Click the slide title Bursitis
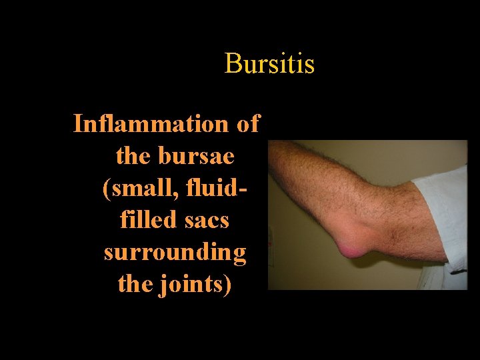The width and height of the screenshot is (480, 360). coord(269,64)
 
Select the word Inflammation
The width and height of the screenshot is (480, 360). coord(151,124)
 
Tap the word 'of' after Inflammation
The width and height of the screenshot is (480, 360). coord(247,124)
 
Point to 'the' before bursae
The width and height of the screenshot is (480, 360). coord(133,156)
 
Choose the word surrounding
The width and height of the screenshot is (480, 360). coord(175,253)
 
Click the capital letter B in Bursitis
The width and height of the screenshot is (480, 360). coord(232,64)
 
